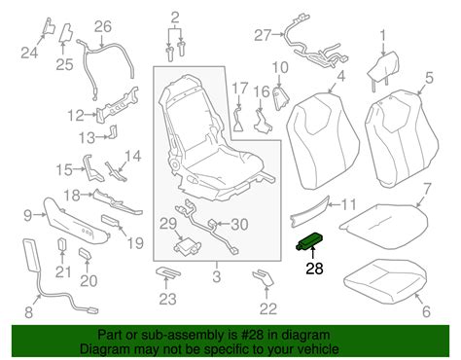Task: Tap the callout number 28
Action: tap(314, 269)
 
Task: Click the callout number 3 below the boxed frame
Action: tap(217, 276)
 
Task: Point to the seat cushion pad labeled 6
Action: tap(386, 276)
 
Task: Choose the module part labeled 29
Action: tap(187, 246)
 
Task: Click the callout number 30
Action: tap(239, 225)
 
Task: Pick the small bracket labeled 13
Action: tap(113, 131)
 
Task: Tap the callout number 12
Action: tap(76, 116)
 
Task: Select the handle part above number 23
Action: tap(168, 272)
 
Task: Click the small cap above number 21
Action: tap(62, 245)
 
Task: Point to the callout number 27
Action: tap(262, 35)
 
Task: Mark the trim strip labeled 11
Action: tap(309, 211)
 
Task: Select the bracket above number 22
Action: tap(264, 277)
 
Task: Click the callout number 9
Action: tap(28, 215)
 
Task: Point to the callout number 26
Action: tap(103, 26)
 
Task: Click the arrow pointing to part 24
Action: tap(40, 40)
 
